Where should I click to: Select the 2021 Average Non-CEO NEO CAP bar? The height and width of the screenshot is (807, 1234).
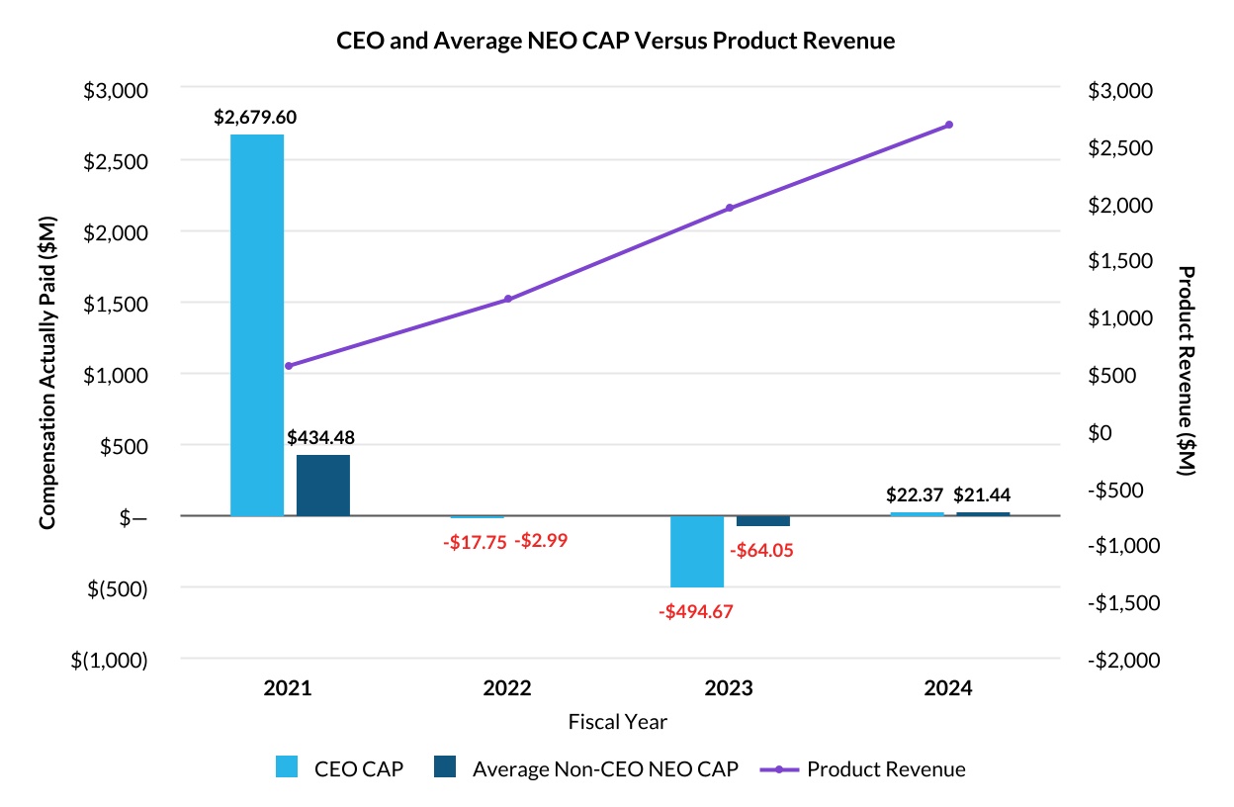(323, 485)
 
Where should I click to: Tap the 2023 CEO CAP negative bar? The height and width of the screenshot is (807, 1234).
(697, 551)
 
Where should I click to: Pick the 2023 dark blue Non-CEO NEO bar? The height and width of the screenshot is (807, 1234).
(763, 521)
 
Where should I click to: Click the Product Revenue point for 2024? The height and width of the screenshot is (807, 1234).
(949, 125)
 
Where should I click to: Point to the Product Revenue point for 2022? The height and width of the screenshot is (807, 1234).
(508, 299)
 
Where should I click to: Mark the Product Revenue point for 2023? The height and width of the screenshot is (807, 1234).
(730, 208)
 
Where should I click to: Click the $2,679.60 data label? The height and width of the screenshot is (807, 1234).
(255, 117)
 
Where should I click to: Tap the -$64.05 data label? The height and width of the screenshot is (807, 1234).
(761, 551)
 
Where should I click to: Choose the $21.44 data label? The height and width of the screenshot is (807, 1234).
(982, 495)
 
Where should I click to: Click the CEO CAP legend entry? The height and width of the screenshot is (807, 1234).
(339, 769)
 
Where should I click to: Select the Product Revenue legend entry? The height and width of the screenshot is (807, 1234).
(862, 769)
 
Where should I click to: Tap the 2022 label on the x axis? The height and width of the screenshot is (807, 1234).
(508, 688)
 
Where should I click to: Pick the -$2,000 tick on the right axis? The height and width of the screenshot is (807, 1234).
(1119, 660)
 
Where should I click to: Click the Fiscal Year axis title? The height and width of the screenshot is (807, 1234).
(617, 722)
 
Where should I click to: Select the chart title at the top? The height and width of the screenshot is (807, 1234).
(616, 41)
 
